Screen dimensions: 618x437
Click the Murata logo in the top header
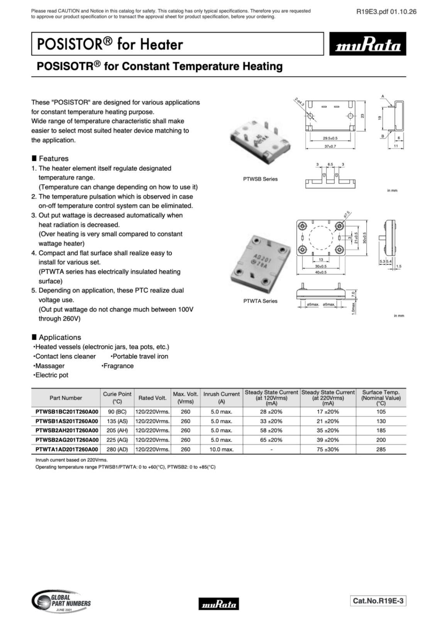click(367, 44)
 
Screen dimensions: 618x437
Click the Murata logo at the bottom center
click(218, 603)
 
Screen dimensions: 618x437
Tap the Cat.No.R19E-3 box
click(378, 601)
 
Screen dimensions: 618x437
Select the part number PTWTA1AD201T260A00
click(66, 449)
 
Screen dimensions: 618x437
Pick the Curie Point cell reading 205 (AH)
click(117, 430)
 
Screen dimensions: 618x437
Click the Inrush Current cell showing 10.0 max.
click(221, 449)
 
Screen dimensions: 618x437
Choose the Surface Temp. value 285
click(381, 449)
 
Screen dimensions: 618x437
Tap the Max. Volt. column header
click(185, 397)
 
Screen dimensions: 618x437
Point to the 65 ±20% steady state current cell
click(271, 440)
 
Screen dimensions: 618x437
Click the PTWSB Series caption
click(260, 179)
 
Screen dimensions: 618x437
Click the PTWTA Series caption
click(260, 301)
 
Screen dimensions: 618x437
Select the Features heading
click(53, 158)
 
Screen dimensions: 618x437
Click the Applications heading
click(59, 337)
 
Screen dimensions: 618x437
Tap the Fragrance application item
click(118, 366)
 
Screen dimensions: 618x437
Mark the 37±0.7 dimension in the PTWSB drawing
click(330, 146)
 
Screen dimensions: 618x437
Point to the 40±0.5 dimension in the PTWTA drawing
click(320, 272)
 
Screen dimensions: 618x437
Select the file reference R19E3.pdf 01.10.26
click(386, 11)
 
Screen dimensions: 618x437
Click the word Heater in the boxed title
click(161, 44)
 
